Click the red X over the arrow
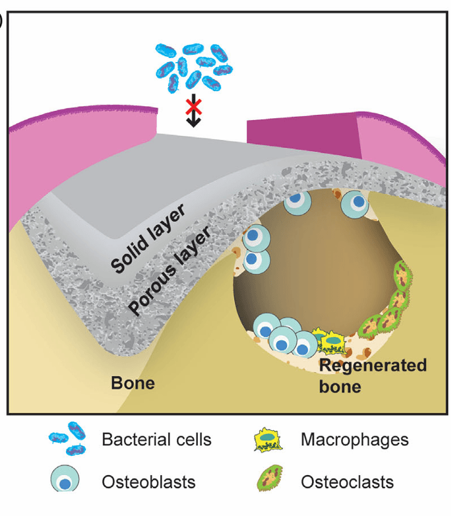193,104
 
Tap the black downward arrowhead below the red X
193,121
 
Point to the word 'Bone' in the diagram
133,382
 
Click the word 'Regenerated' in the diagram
373,366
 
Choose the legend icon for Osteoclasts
269,480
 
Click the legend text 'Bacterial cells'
156,439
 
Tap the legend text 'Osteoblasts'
148,482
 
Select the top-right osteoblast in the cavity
356,204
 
